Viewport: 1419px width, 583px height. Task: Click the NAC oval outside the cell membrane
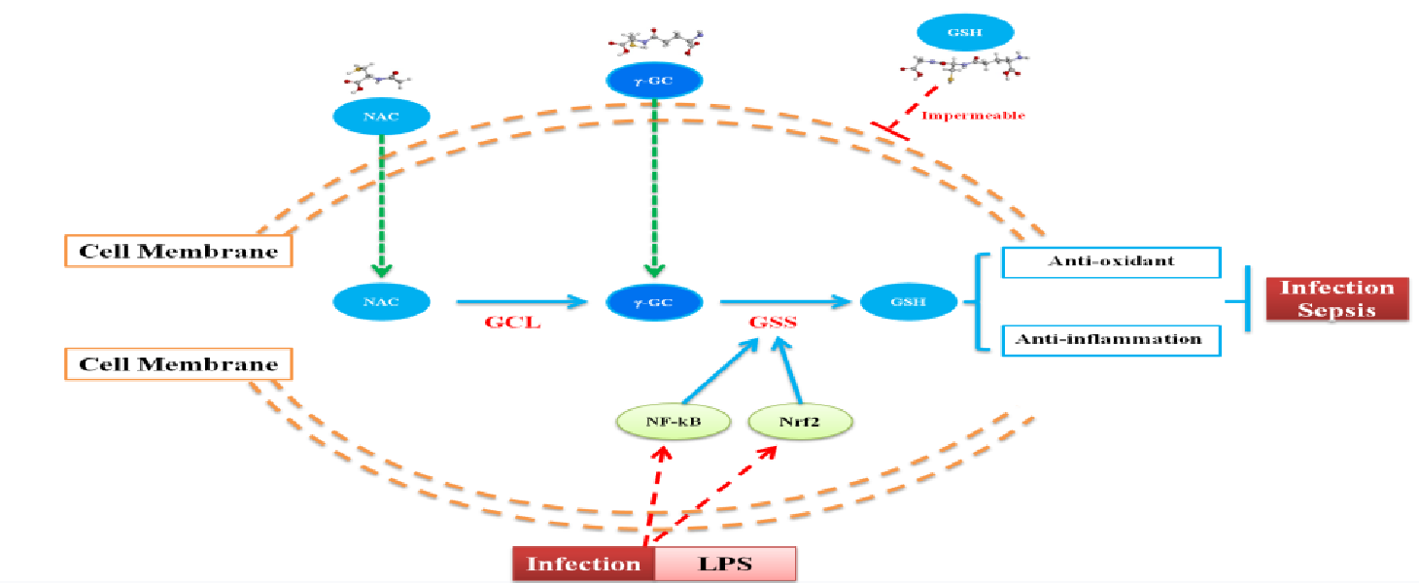click(380, 118)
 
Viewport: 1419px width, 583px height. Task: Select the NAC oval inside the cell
click(380, 302)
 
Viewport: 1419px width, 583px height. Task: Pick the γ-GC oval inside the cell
click(654, 302)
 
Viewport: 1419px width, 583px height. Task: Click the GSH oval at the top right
click(965, 31)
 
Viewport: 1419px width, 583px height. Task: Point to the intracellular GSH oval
click(908, 302)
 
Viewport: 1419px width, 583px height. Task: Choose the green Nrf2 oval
click(801, 422)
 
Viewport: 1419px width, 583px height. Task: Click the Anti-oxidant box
click(1110, 262)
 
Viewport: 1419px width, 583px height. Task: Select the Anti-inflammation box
click(1110, 340)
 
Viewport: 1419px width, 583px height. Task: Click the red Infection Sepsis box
click(1336, 298)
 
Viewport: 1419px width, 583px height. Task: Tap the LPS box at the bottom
click(725, 564)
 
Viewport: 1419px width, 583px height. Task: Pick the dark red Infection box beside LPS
click(583, 564)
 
